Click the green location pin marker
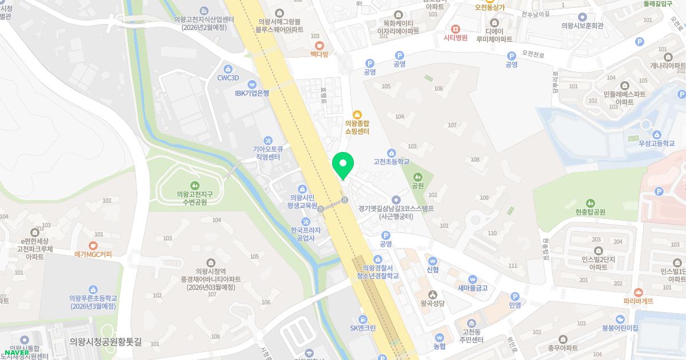[343, 165]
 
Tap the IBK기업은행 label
[252, 93]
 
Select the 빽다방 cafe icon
[320, 45]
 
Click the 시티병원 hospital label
[456, 38]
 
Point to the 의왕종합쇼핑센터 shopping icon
[357, 114]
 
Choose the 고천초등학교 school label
[391, 162]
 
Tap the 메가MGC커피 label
[93, 254]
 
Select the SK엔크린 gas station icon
[362, 318]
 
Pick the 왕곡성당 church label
[432, 303]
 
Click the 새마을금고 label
[472, 287]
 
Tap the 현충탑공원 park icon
[590, 202]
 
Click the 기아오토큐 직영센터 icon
[268, 141]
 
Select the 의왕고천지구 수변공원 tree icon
[194, 185]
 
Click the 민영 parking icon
[514, 297]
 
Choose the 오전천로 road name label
[533, 55]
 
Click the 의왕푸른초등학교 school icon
[93, 290]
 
